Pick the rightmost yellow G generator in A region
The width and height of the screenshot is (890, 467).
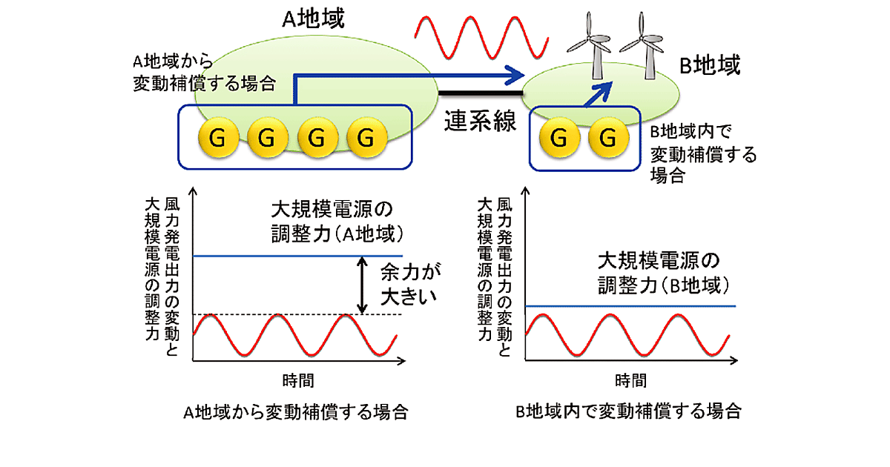[364, 138]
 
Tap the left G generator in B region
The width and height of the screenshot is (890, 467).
[559, 138]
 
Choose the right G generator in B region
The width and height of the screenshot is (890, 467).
[607, 138]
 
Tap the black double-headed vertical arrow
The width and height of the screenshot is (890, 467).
[362, 285]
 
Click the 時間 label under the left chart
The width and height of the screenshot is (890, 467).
[298, 381]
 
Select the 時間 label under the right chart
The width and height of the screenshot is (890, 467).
[630, 381]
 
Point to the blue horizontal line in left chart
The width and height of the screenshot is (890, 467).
[297, 256]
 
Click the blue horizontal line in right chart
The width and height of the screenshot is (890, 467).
[630, 305]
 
